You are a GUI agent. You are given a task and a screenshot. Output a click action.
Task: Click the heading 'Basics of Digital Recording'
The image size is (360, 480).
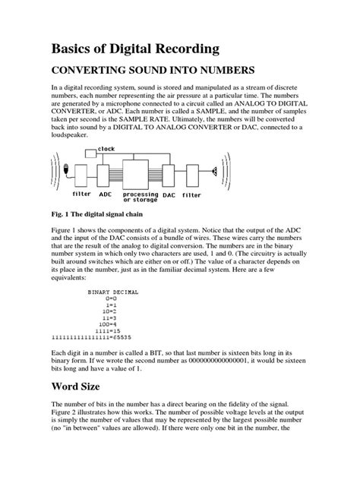[135, 49]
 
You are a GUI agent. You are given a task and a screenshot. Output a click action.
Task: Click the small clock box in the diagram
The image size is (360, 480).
[90, 153]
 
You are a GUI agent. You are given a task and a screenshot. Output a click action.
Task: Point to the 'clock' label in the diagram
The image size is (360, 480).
[106, 150]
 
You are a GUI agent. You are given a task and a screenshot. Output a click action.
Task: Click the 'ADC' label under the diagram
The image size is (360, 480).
[106, 194]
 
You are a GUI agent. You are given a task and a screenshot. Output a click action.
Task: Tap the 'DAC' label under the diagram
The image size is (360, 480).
[169, 194]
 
